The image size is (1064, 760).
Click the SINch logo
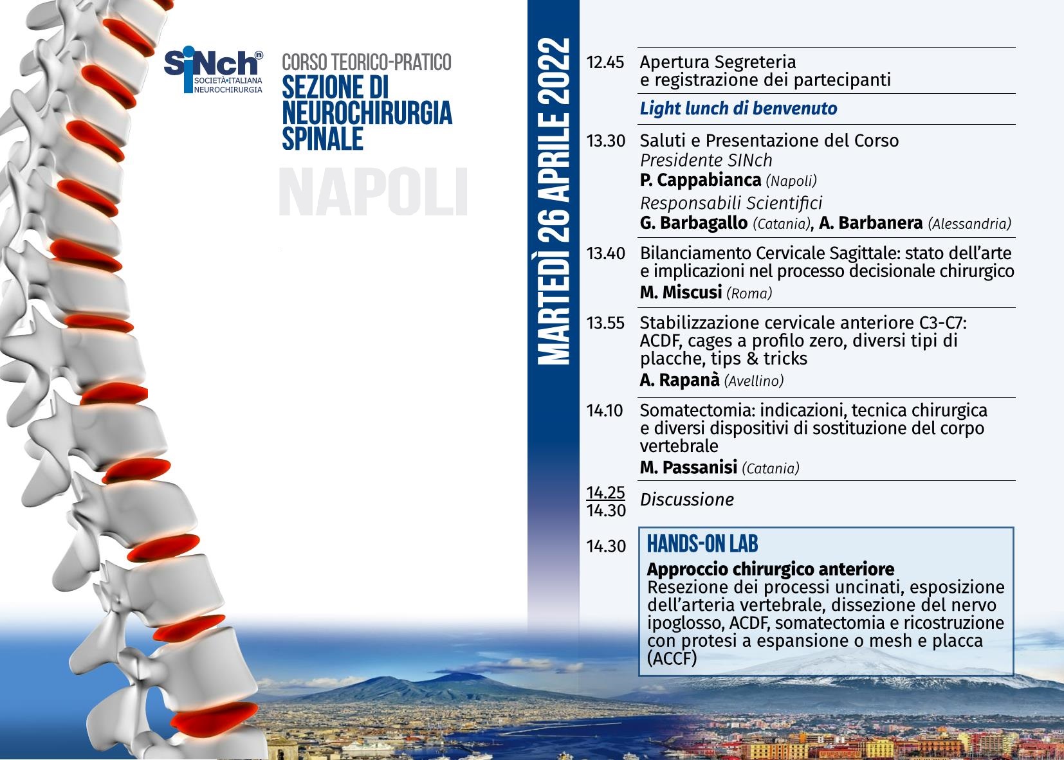[214, 69]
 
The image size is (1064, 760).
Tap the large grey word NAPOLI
[373, 192]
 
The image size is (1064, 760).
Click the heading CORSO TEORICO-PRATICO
[367, 62]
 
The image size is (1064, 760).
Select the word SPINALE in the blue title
[322, 139]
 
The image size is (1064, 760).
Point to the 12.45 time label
[605, 62]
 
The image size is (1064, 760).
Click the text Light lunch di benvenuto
[738, 108]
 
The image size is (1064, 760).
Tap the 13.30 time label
[605, 141]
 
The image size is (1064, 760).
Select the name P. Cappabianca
[701, 180]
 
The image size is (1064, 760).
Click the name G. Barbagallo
[693, 222]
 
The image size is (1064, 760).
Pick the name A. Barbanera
[870, 222]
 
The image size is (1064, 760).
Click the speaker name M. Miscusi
[681, 293]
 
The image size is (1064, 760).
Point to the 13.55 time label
[605, 323]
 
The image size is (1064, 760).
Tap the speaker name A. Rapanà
[680, 380]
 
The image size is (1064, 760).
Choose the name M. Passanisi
[688, 467]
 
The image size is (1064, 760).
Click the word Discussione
[687, 500]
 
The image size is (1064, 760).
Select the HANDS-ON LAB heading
[702, 543]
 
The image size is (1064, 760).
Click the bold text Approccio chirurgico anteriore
[770, 568]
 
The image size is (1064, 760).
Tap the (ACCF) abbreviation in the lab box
[672, 658]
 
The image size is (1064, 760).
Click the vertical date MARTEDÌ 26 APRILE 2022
[554, 201]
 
